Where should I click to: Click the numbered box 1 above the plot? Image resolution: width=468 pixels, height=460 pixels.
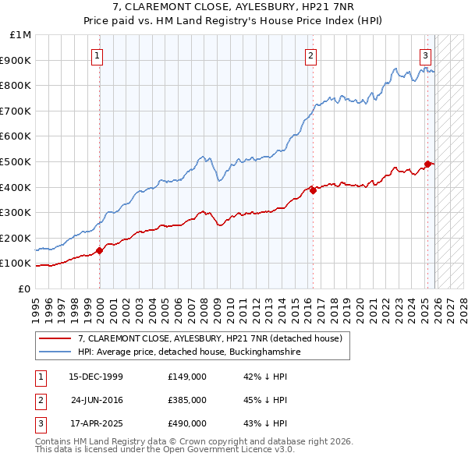(x=97, y=55)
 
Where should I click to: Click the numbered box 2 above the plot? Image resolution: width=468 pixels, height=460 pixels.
(x=310, y=55)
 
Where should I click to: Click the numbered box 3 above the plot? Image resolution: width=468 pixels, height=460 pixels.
(x=425, y=55)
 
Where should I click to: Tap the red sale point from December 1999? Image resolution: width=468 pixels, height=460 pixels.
(x=100, y=251)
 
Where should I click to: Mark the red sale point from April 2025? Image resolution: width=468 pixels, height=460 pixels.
(x=427, y=164)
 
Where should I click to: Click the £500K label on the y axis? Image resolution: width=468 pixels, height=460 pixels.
(x=17, y=161)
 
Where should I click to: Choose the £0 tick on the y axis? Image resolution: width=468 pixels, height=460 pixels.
(x=25, y=288)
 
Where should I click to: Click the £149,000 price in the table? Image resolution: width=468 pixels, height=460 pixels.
(x=186, y=377)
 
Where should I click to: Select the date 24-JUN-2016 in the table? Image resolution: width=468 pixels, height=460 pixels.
(x=97, y=400)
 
